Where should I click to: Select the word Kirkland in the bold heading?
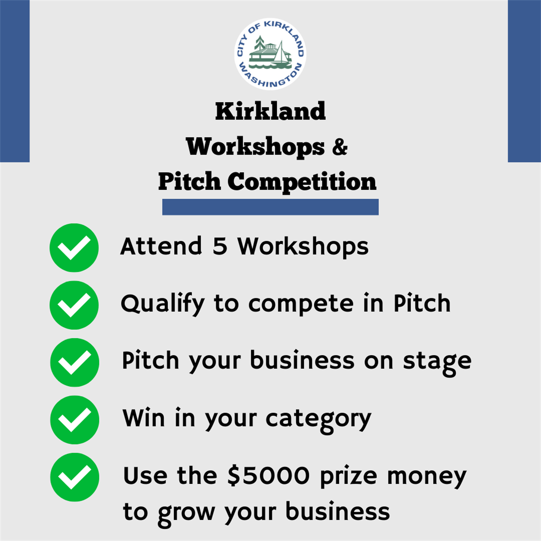pos(270,111)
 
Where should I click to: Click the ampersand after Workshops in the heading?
pos(340,147)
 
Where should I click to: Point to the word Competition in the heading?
pos(302,182)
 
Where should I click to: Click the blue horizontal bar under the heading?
pos(270,207)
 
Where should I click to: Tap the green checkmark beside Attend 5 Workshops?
pos(74,248)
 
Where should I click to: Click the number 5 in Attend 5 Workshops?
pos(220,247)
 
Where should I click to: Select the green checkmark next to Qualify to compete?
pos(74,305)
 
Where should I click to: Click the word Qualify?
pos(162,304)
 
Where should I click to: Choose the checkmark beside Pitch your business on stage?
pos(74,362)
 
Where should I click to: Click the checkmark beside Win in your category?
pos(74,420)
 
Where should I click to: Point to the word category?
pos(318,420)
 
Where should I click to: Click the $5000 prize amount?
pos(269,476)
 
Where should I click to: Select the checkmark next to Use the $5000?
pos(74,477)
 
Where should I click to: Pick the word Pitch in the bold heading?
pos(189,182)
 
